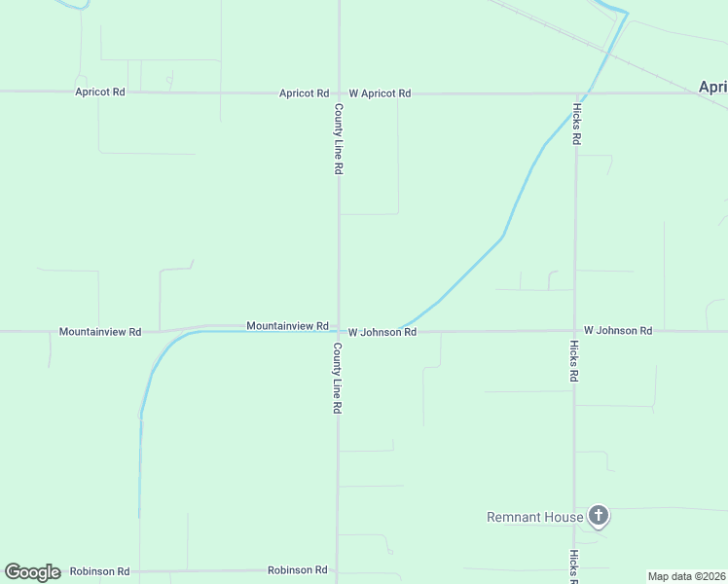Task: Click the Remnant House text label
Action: pos(534,517)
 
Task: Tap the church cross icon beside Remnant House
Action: pos(599,516)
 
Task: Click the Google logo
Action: pos(32,572)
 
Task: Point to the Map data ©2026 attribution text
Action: pos(686,576)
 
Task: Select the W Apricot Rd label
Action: pos(380,93)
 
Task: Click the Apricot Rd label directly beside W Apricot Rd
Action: pos(304,93)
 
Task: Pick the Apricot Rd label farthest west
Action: pos(100,91)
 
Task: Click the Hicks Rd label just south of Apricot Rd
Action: pos(576,124)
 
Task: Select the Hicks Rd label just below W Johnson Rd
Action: pos(575,361)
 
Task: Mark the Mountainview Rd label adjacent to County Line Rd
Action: pos(287,325)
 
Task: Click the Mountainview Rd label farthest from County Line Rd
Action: pos(100,332)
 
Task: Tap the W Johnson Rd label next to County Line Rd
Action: pos(382,332)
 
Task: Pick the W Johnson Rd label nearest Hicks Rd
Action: pos(618,331)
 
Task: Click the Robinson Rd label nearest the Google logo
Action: pos(99,571)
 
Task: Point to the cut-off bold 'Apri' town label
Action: pos(712,87)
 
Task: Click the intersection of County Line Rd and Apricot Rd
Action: pos(339,93)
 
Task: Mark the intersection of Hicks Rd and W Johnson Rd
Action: pos(575,331)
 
